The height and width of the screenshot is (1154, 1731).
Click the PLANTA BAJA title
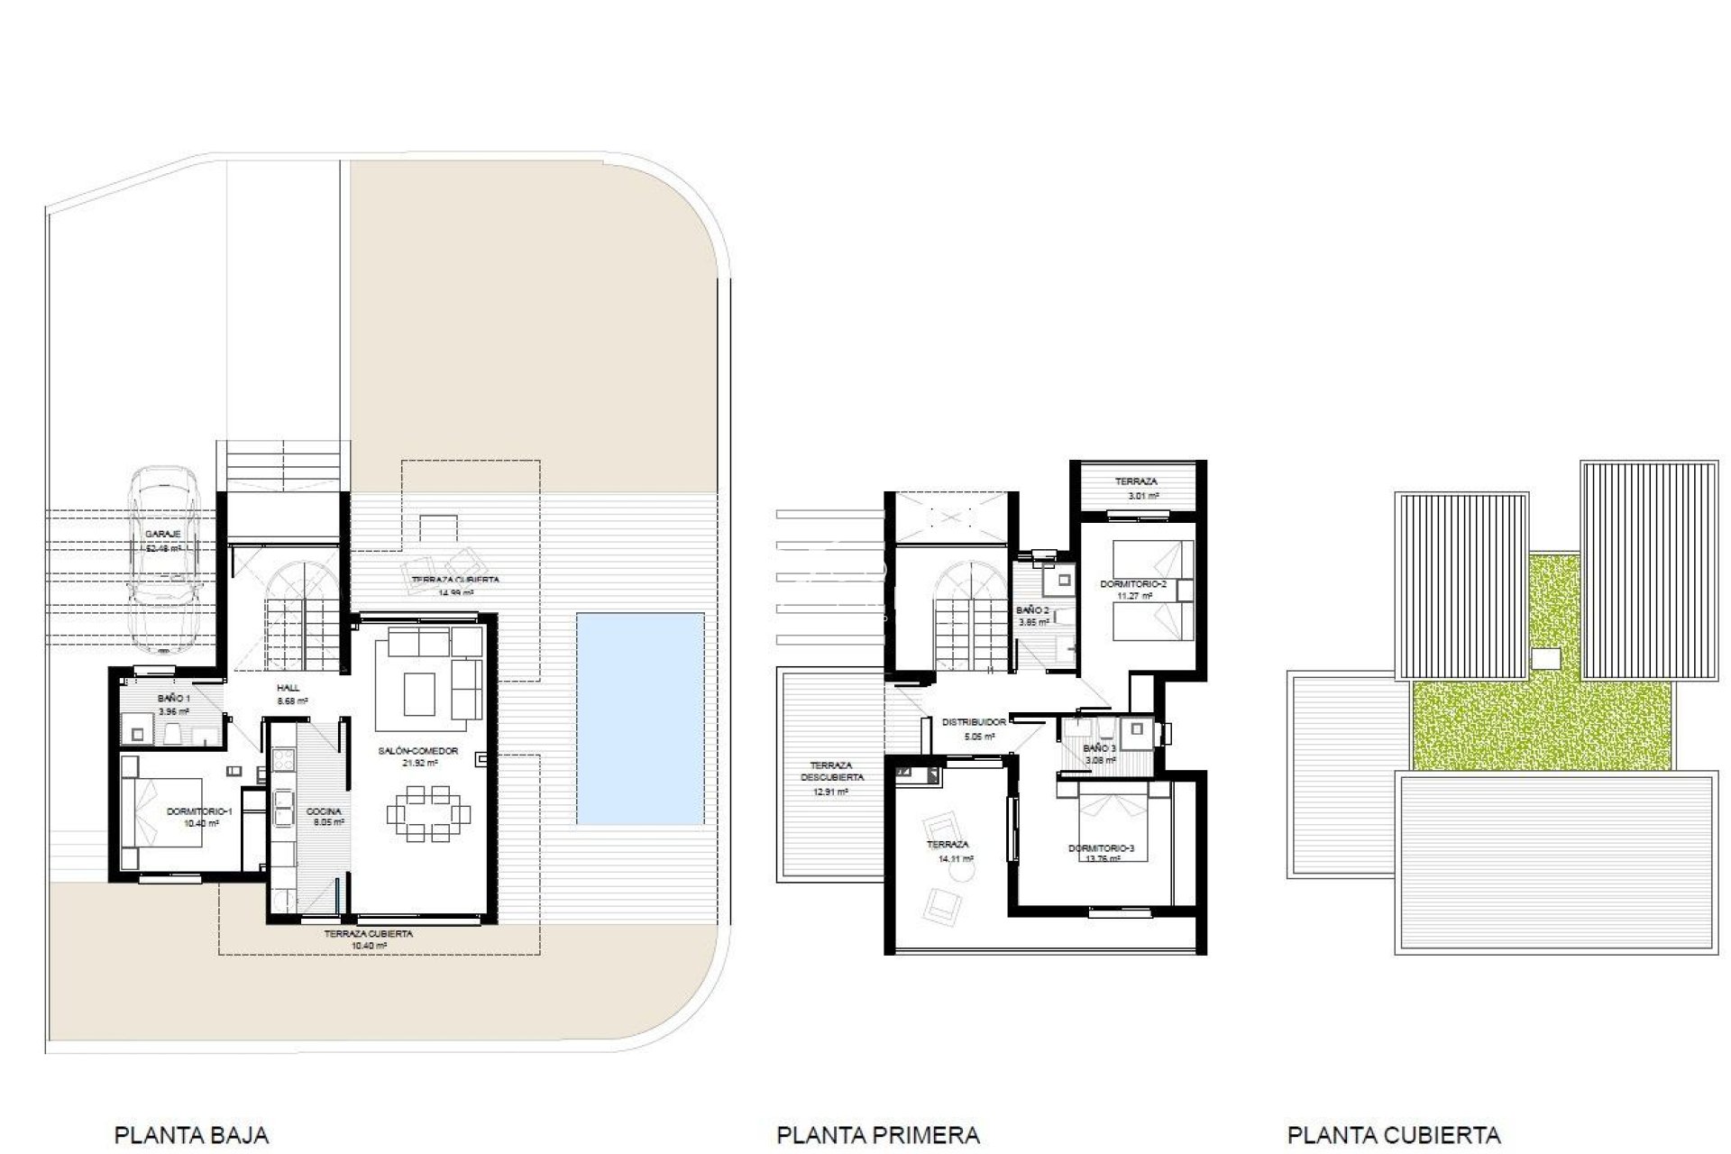click(x=191, y=1109)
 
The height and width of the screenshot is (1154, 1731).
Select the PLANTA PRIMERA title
click(x=877, y=1109)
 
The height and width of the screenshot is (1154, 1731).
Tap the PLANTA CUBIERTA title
click(x=1394, y=1109)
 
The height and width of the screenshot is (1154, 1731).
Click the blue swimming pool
click(x=640, y=719)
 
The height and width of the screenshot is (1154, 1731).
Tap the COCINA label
click(x=323, y=811)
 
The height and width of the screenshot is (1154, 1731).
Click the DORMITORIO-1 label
click(x=199, y=811)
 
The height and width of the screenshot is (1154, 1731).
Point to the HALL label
click(x=288, y=688)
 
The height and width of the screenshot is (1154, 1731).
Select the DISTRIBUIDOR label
click(x=974, y=722)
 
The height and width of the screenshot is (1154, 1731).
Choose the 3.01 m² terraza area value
click(x=1142, y=495)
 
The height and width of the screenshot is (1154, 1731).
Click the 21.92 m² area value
click(x=419, y=763)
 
